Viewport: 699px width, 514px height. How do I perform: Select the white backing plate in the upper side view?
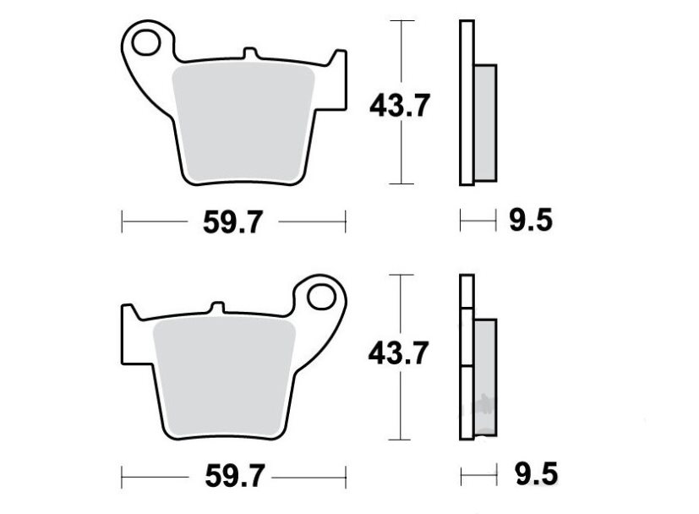point(466,101)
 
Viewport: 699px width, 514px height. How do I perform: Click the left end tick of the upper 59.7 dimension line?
point(123,222)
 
